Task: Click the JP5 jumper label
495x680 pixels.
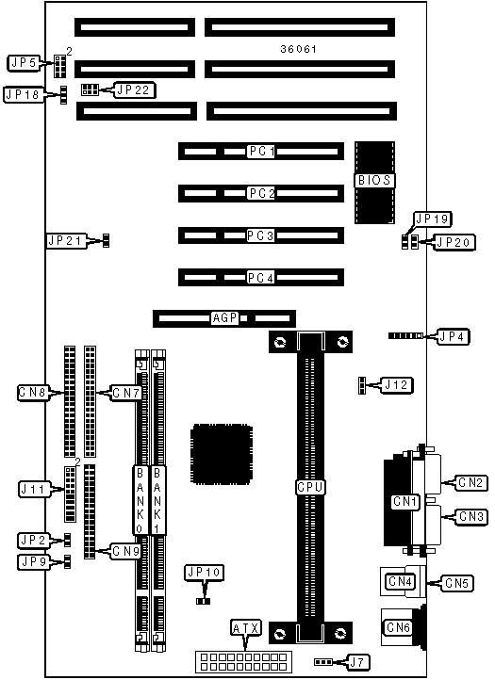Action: [x=25, y=63]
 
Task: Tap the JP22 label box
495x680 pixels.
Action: [x=134, y=90]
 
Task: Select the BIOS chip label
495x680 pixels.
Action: [x=374, y=180]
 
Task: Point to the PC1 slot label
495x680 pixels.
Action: [x=262, y=151]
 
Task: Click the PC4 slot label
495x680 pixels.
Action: [x=260, y=278]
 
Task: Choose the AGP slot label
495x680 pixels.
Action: [x=225, y=318]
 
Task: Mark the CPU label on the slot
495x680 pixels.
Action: [x=310, y=487]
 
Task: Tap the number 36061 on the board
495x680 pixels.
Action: [x=298, y=49]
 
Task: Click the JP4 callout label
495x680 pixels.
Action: [x=454, y=336]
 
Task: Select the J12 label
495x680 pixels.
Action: [x=397, y=385]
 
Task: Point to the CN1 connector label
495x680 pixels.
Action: [x=404, y=502]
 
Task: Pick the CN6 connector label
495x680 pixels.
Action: [x=398, y=627]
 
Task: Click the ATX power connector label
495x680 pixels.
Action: [x=246, y=628]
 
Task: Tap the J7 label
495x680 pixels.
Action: [x=357, y=662]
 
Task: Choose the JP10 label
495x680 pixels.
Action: [x=204, y=573]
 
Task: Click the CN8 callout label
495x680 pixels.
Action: [x=33, y=393]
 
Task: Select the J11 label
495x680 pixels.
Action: [x=34, y=489]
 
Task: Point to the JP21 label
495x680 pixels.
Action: [x=66, y=240]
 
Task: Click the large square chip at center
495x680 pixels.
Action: [x=222, y=455]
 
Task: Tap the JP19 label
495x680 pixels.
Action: [x=432, y=219]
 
